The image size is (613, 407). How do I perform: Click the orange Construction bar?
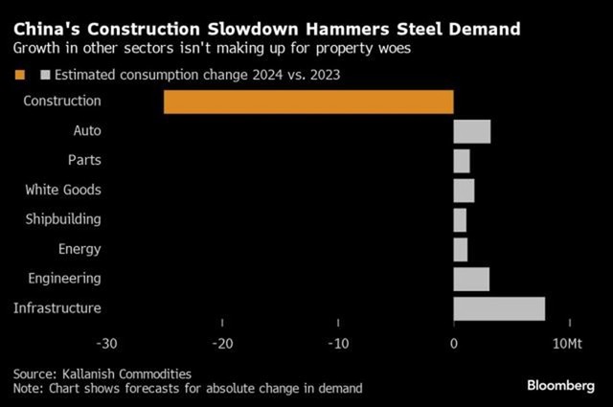[x=308, y=102]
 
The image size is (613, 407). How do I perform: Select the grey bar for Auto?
[x=471, y=131]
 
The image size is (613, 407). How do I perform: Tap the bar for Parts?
[x=462, y=161]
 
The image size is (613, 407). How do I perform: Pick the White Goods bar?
[x=464, y=191]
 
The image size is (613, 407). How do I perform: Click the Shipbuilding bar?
[x=460, y=220]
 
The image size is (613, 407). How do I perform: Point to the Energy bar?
[x=460, y=249]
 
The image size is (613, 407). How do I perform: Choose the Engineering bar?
[x=471, y=279]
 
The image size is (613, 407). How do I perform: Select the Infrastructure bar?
[x=499, y=308]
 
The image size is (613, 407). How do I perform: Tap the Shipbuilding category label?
[x=62, y=219]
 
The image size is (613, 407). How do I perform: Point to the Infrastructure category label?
[x=57, y=308]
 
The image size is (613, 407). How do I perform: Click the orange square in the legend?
[x=18, y=73]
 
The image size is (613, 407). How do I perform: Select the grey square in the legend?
[x=43, y=73]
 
